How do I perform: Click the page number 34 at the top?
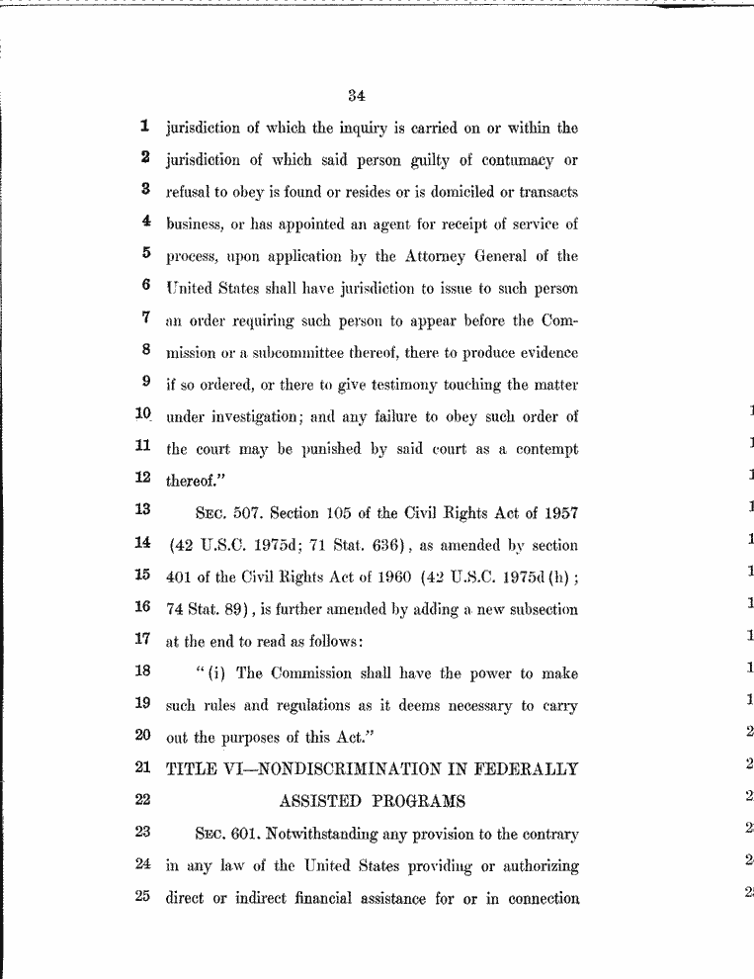tap(357, 96)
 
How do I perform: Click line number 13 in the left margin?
tap(144, 509)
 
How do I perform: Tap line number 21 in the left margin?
tap(144, 766)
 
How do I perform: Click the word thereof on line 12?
tap(192, 481)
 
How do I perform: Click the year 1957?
tap(558, 512)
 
